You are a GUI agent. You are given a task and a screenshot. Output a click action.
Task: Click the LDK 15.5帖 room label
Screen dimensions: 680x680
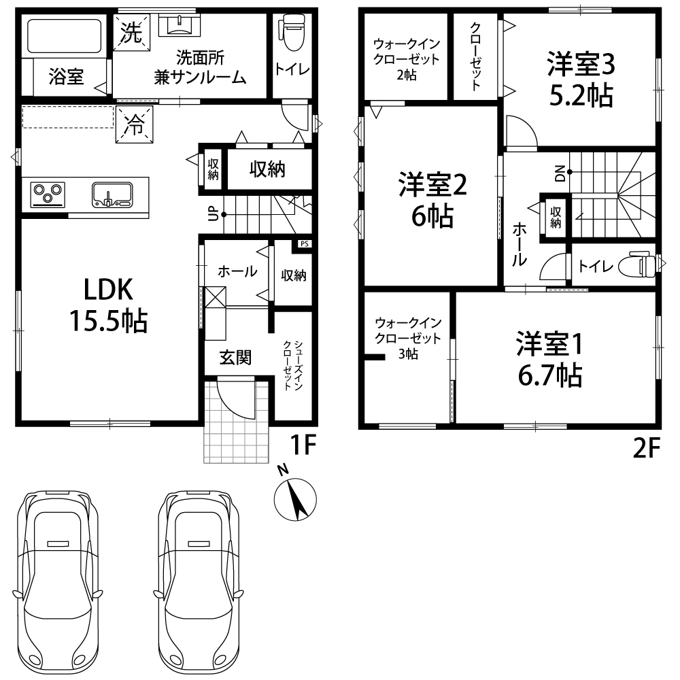coord(108,305)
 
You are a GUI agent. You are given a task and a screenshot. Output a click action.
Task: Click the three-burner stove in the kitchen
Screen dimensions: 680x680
coord(48,194)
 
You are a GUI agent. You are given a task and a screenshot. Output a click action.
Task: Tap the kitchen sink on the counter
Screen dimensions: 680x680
coord(112,194)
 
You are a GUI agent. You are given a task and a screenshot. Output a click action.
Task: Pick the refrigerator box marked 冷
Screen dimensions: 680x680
coord(135,124)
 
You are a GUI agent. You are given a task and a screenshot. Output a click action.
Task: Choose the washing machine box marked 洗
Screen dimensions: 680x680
coord(131,33)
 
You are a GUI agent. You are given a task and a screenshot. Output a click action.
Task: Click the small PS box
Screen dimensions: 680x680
coord(305,243)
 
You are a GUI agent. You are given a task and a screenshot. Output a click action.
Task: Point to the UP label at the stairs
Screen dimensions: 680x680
coord(213,214)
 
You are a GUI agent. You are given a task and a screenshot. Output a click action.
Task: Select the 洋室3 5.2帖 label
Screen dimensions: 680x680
coord(581,80)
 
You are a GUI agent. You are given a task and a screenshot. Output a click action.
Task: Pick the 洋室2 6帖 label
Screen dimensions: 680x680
coord(432,200)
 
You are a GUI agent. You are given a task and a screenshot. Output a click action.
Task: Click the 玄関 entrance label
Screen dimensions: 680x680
coord(235,358)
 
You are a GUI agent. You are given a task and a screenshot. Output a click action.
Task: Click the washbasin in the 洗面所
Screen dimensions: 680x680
coord(180,24)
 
